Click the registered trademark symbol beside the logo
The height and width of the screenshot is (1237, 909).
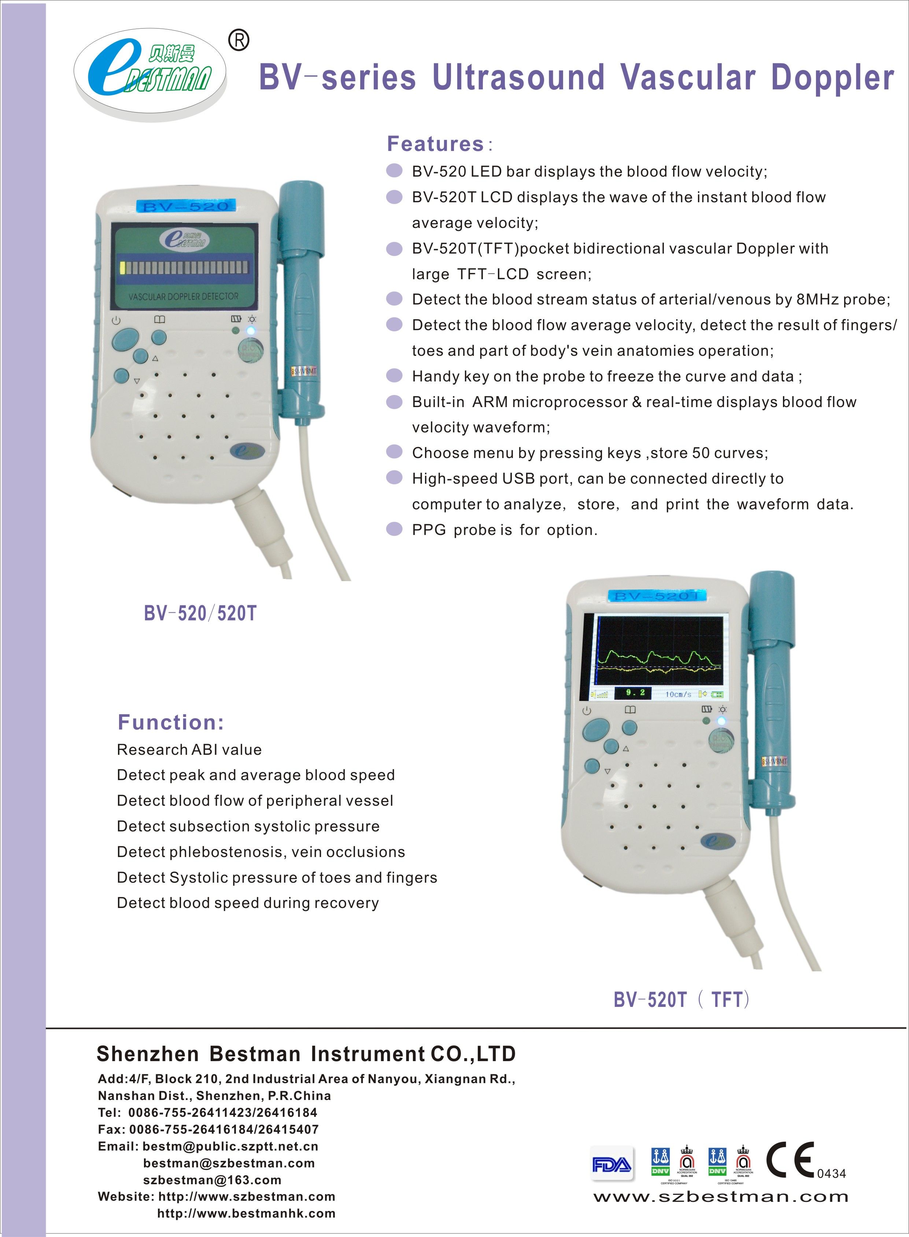pyautogui.click(x=238, y=40)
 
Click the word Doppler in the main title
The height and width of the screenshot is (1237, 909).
pyautogui.click(x=832, y=78)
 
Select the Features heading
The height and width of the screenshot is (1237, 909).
pyautogui.click(x=435, y=144)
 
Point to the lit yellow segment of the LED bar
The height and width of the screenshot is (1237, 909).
pyautogui.click(x=123, y=268)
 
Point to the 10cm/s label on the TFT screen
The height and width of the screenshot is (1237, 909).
pyautogui.click(x=678, y=694)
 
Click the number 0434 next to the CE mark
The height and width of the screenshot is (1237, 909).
pyautogui.click(x=831, y=1174)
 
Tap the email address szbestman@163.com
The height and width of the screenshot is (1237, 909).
pyautogui.click(x=212, y=1180)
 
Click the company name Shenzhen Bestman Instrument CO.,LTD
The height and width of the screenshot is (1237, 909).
pyautogui.click(x=306, y=1054)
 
